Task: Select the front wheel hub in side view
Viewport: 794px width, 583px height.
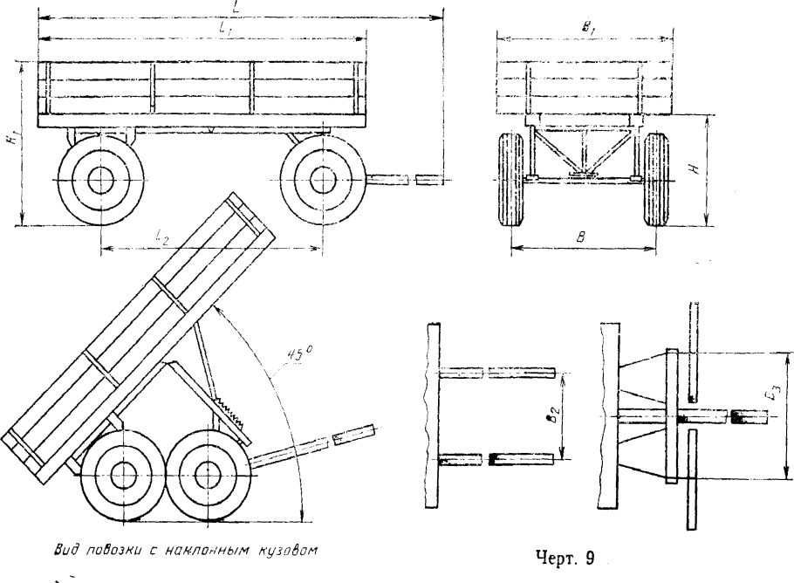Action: (322, 181)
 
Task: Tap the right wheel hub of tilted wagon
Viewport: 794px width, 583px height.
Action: (206, 474)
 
